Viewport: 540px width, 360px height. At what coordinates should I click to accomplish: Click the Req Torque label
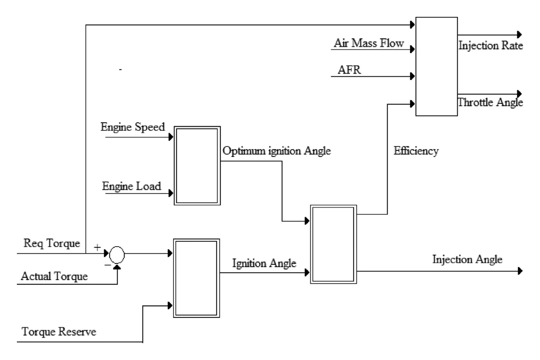pyautogui.click(x=52, y=243)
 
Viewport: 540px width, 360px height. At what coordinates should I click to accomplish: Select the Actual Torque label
pyautogui.click(x=54, y=276)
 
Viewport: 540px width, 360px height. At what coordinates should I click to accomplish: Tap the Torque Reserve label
pyautogui.click(x=59, y=332)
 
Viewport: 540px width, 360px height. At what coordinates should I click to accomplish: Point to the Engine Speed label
pyautogui.click(x=133, y=127)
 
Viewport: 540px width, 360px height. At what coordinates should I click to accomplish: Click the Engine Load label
pyautogui.click(x=132, y=186)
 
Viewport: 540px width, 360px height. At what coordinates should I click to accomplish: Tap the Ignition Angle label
pyautogui.click(x=264, y=263)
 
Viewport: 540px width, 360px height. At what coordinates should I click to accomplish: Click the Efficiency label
pyautogui.click(x=416, y=151)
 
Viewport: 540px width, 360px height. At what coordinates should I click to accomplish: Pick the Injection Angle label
pyautogui.click(x=467, y=259)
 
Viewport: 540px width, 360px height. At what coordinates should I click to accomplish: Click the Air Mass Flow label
pyautogui.click(x=369, y=43)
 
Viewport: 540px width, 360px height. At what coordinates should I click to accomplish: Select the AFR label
pyautogui.click(x=349, y=70)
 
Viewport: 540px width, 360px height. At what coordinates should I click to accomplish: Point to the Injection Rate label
pyautogui.click(x=491, y=46)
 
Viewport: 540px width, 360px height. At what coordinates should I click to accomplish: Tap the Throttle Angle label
pyautogui.click(x=490, y=102)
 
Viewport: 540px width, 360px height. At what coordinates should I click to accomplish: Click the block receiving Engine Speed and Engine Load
pyautogui.click(x=197, y=166)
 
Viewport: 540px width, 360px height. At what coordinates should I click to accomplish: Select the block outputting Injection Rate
pyautogui.click(x=436, y=66)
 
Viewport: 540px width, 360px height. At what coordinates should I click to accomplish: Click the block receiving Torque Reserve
pyautogui.click(x=196, y=278)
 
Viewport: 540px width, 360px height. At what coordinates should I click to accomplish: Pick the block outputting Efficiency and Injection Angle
pyautogui.click(x=333, y=244)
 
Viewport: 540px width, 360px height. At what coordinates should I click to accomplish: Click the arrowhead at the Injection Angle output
pyautogui.click(x=520, y=271)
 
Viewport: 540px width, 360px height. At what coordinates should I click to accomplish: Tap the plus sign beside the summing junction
pyautogui.click(x=97, y=248)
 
